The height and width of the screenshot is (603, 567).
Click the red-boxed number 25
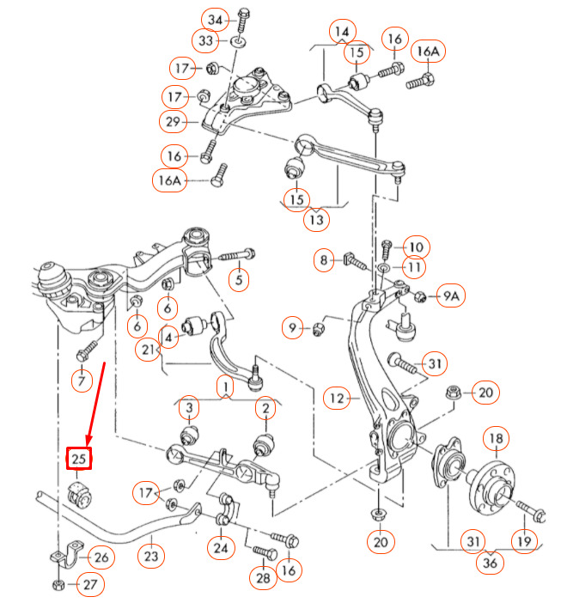click(79, 459)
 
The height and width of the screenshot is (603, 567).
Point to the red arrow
click(96, 404)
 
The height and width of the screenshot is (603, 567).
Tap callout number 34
click(215, 20)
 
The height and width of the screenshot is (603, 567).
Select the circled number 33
click(205, 40)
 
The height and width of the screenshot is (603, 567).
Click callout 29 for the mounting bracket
click(173, 121)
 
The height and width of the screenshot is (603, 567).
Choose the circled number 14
click(343, 31)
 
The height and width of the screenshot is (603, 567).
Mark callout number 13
click(316, 220)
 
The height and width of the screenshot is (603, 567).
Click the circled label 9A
click(451, 295)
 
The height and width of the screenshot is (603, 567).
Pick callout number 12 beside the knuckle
click(337, 398)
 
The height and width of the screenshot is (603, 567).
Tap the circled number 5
click(239, 279)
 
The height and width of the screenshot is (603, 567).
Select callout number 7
click(82, 381)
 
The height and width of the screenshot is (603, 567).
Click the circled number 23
click(151, 556)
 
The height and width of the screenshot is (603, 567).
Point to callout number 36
click(490, 563)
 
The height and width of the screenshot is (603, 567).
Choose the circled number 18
click(496, 438)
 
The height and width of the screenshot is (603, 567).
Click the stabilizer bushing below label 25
click(80, 494)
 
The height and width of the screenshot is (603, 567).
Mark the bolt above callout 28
click(265, 552)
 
